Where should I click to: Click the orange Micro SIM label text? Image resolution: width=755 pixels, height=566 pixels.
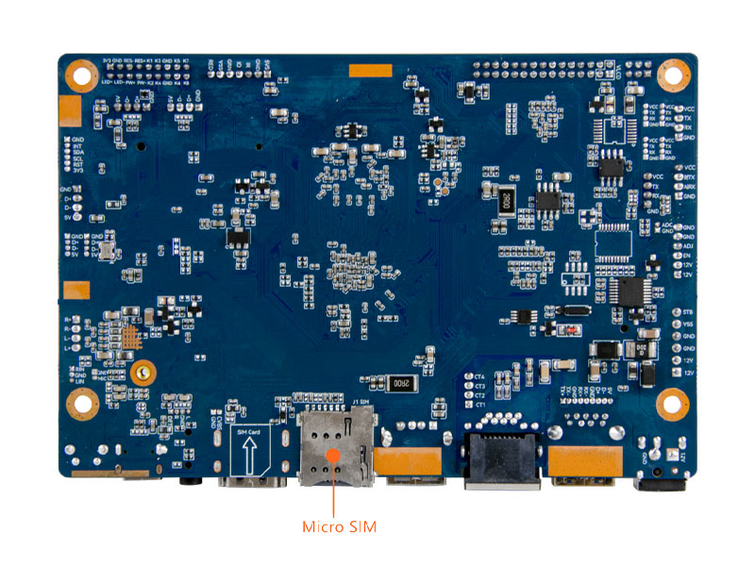339,526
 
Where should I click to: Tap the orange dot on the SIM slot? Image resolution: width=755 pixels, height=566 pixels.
332,456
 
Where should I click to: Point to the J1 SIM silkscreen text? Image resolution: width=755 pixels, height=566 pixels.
362,404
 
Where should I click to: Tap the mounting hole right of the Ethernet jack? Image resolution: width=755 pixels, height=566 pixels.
673,404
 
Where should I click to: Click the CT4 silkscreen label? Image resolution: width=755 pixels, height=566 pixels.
479,376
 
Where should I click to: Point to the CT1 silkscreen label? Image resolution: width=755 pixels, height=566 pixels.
479,405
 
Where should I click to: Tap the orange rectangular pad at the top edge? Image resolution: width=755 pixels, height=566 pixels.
369,70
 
